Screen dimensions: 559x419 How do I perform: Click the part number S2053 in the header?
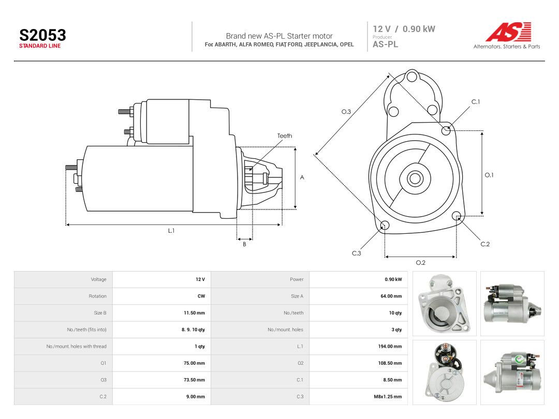point(42,35)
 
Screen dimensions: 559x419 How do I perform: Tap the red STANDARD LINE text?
point(40,46)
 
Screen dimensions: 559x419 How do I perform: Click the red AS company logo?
point(509,32)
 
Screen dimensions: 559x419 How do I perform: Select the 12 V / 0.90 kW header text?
point(404,29)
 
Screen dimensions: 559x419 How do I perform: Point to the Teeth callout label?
point(285,136)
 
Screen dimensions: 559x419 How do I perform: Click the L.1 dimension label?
point(171,231)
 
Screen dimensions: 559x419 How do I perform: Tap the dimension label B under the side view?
point(244,244)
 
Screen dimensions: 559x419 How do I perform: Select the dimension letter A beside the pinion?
point(302,177)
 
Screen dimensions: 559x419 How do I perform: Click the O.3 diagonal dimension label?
point(346,112)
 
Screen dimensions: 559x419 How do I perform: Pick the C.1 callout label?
point(476,102)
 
